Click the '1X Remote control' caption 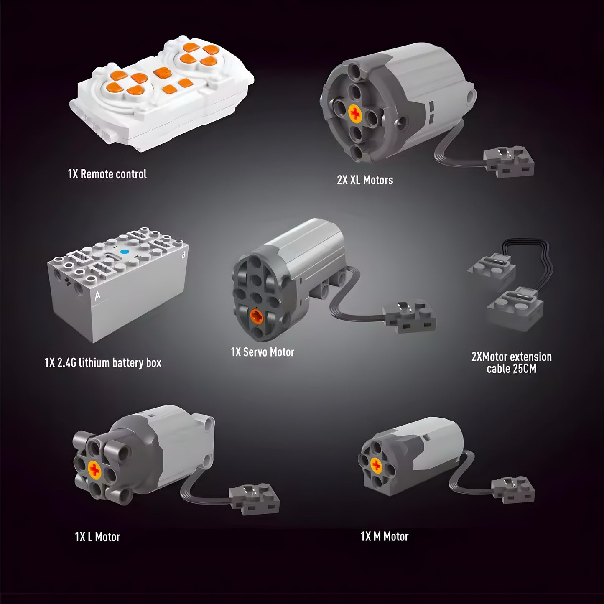(x=107, y=174)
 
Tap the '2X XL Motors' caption (x=365, y=180)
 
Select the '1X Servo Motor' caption (x=262, y=352)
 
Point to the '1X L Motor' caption (x=97, y=537)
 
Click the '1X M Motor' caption (x=384, y=536)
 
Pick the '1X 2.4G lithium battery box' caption (x=103, y=362)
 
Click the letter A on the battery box (x=97, y=296)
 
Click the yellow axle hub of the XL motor (x=356, y=112)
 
